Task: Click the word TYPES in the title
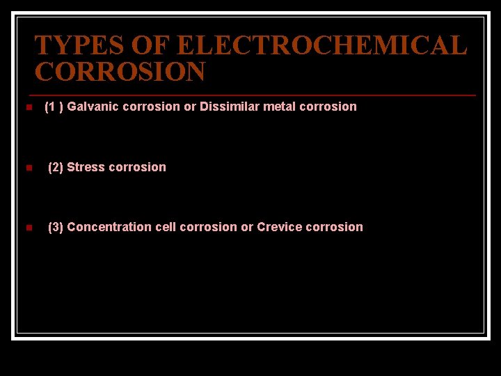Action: point(71,46)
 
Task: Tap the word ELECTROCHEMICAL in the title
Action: point(321,46)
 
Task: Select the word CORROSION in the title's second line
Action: point(120,72)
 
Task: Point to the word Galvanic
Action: point(90,107)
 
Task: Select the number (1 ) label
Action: point(54,107)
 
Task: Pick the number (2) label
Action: point(56,167)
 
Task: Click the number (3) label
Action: point(56,227)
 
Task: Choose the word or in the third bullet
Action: point(247,227)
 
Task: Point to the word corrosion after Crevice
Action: point(334,227)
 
